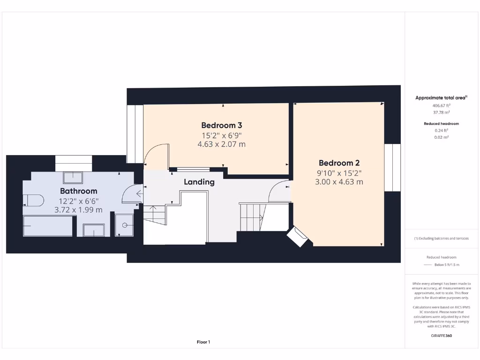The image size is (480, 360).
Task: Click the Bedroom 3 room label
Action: click(x=222, y=125)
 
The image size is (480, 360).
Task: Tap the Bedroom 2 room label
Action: click(x=339, y=163)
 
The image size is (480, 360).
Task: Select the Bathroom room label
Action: click(x=79, y=191)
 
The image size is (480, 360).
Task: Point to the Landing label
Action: click(x=199, y=182)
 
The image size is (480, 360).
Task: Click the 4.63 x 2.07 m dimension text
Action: click(x=222, y=144)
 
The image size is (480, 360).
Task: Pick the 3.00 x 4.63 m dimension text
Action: click(x=339, y=182)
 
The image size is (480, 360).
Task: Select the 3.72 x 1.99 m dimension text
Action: click(x=79, y=210)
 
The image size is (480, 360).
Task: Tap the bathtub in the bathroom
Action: click(x=48, y=226)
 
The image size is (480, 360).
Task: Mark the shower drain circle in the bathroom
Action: click(x=125, y=225)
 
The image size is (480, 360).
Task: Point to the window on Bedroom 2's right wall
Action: click(x=393, y=167)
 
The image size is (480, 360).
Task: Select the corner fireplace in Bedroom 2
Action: click(x=297, y=237)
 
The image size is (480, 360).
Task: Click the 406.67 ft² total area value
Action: click(x=441, y=106)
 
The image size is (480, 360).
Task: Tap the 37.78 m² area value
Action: click(x=441, y=112)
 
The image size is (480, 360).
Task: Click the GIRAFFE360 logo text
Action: click(x=441, y=336)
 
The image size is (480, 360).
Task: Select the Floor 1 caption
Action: click(x=203, y=342)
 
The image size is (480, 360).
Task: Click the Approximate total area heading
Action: click(x=441, y=97)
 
